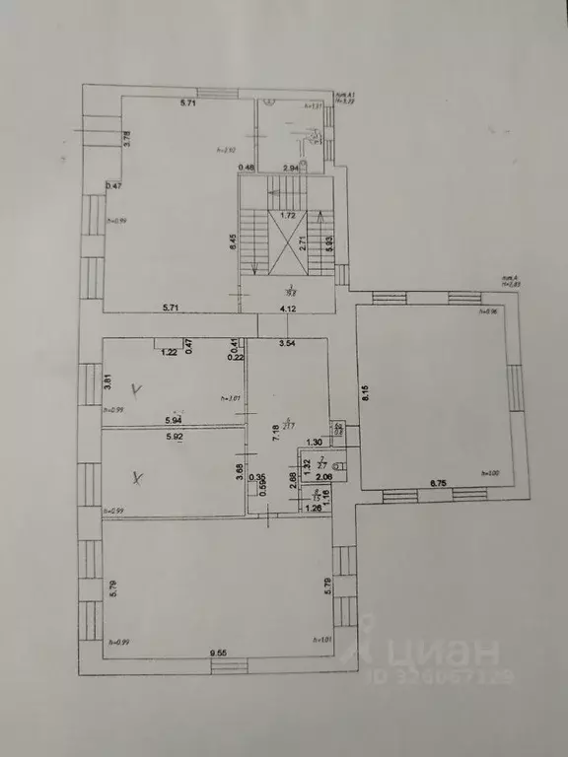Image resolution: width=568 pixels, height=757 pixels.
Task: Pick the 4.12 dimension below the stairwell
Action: pos(288,310)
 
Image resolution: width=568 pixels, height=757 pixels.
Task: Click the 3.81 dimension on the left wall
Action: pos(109,379)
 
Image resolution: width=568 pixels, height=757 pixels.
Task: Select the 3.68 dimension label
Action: pos(239,469)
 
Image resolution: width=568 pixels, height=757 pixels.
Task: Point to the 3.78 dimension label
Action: pos(126,140)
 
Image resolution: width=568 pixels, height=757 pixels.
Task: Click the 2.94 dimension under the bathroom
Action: pos(292,170)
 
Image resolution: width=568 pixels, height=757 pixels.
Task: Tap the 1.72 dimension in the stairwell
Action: pos(288,214)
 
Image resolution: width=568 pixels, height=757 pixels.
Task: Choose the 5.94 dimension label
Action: pos(176,421)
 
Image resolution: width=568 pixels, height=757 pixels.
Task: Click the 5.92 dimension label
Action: pos(176,436)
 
